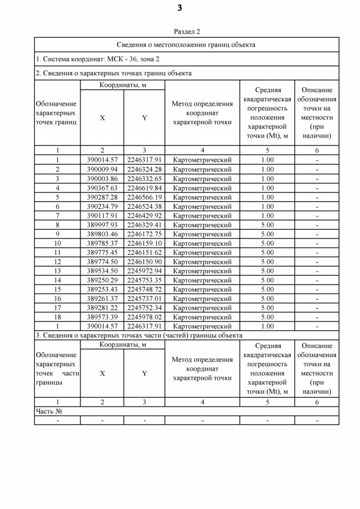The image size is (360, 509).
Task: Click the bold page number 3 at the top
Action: point(179,8)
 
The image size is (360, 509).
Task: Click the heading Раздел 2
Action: point(187,32)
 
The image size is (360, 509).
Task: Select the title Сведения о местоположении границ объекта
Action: point(186,44)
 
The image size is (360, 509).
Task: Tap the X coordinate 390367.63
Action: point(102,188)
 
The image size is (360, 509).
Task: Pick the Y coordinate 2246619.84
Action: point(144,188)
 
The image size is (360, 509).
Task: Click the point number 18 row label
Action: point(57,317)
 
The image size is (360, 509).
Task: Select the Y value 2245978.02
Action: point(144,317)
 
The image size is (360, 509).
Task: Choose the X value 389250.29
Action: point(102,280)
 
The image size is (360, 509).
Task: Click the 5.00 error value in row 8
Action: point(267,225)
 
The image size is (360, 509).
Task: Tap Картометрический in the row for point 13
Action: point(202,271)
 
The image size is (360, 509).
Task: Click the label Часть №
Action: point(49,411)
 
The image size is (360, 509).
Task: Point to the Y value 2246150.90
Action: point(144,262)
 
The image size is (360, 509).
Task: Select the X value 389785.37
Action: point(102,244)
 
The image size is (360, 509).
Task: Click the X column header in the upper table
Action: point(102,118)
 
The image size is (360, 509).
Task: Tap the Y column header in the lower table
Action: point(144,373)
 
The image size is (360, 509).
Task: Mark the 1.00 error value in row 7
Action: point(267,215)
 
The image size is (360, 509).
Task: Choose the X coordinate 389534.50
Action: point(102,271)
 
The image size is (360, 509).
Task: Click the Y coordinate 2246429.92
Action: point(144,215)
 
